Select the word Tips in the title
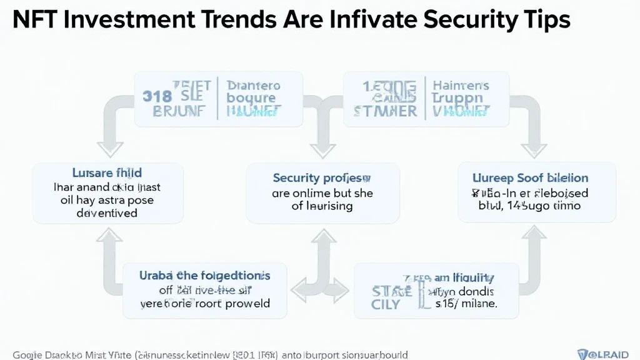[x=543, y=21]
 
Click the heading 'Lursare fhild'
[x=106, y=172]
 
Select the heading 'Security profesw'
[x=322, y=178]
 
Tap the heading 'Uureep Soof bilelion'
[x=537, y=178]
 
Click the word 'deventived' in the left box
[x=106, y=212]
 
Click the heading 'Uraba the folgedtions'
[x=205, y=275]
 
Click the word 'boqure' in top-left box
[x=251, y=97]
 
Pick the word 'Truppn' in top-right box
[x=457, y=97]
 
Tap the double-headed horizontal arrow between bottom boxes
[x=320, y=289]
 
